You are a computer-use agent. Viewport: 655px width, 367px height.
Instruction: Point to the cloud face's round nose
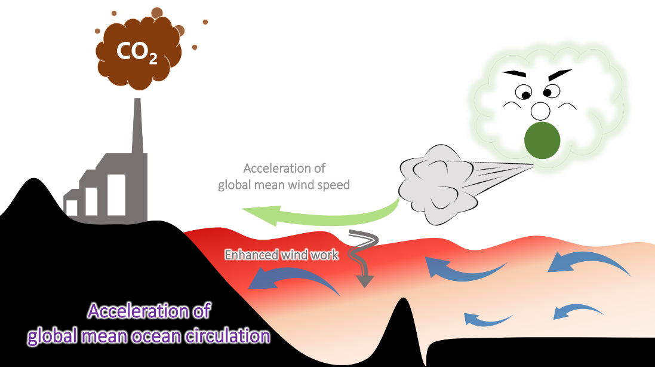coord(540,111)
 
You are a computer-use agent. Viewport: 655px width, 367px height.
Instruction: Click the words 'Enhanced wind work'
coord(281,255)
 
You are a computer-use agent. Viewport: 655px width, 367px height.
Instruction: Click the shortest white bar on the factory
coord(72,207)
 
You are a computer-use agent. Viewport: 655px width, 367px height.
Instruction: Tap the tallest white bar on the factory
coord(116,194)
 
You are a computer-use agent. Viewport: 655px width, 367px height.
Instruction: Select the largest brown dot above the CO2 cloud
coord(156,12)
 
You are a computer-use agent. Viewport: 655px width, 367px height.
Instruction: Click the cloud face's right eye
coord(550,91)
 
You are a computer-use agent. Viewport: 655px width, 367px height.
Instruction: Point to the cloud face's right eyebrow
coord(560,75)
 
